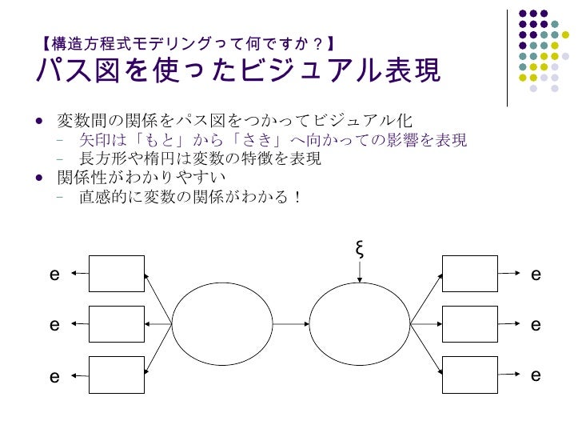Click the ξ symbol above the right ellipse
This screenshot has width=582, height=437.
pyautogui.click(x=360, y=249)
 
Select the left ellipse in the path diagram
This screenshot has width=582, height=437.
pyautogui.click(x=222, y=324)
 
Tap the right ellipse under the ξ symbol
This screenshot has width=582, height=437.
pyautogui.click(x=359, y=324)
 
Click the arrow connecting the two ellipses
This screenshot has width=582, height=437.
pyautogui.click(x=291, y=324)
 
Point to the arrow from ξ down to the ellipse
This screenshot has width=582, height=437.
pyautogui.click(x=360, y=272)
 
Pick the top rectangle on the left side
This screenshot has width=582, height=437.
pyautogui.click(x=117, y=274)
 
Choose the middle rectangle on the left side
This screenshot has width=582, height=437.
pyautogui.click(x=117, y=324)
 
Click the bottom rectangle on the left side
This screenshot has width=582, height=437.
pyautogui.click(x=117, y=375)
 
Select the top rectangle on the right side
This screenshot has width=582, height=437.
pyautogui.click(x=470, y=274)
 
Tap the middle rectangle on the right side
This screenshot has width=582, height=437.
pyautogui.click(x=470, y=324)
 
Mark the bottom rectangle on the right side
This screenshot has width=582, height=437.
pyautogui.click(x=470, y=375)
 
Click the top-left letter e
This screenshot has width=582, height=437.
pyautogui.click(x=54, y=275)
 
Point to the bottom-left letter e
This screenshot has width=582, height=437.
pyautogui.click(x=54, y=376)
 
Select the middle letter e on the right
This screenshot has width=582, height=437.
pyautogui.click(x=536, y=326)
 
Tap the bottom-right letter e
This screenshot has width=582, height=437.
pyautogui.click(x=536, y=375)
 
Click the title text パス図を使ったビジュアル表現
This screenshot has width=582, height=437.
pyautogui.click(x=237, y=71)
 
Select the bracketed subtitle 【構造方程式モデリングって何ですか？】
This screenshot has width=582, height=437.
pyautogui.click(x=189, y=42)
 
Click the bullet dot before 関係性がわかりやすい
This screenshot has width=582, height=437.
pyautogui.click(x=40, y=176)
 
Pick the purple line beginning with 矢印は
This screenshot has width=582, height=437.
pyautogui.click(x=273, y=140)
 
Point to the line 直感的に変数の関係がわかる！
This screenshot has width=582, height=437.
pyautogui.click(x=189, y=195)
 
